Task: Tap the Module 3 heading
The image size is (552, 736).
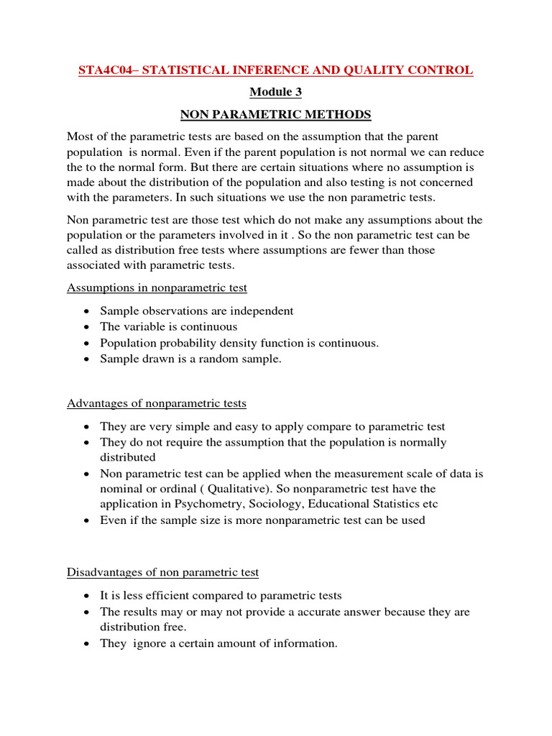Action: click(x=276, y=92)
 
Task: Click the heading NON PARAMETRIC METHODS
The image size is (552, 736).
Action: click(x=276, y=114)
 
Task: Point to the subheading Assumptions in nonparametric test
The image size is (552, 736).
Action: click(x=157, y=287)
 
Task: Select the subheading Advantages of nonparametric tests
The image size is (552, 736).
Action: click(x=157, y=403)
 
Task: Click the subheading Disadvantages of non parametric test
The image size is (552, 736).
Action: click(x=163, y=572)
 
